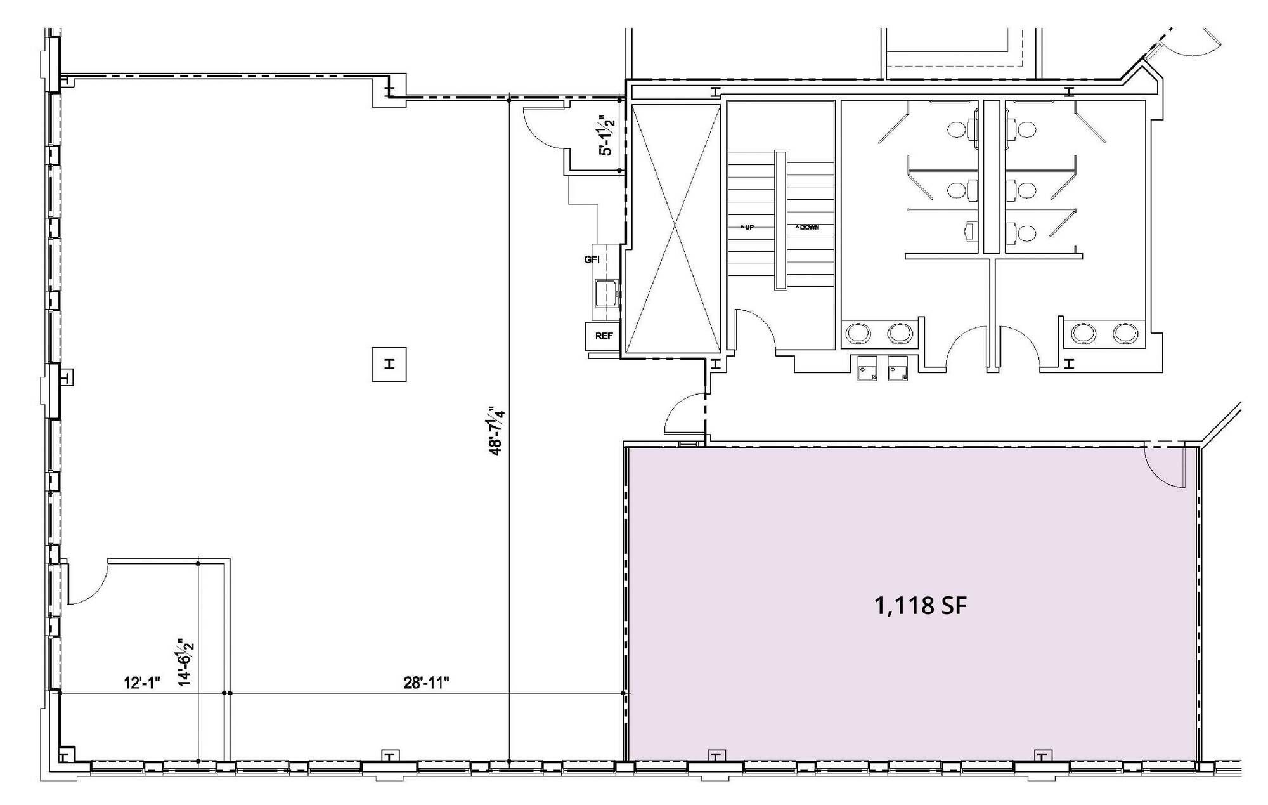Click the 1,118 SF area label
pyautogui.click(x=921, y=606)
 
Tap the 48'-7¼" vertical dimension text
pyautogui.click(x=496, y=431)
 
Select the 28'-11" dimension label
pyautogui.click(x=427, y=683)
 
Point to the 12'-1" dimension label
pyautogui.click(x=143, y=683)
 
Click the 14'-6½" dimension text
pyautogui.click(x=186, y=662)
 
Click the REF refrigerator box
pyautogui.click(x=603, y=336)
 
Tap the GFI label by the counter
pyautogui.click(x=592, y=259)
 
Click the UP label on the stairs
pyautogui.click(x=747, y=227)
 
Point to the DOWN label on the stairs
pyautogui.click(x=807, y=227)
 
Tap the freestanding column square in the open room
pyautogui.click(x=389, y=364)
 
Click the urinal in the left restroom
pyautogui.click(x=969, y=232)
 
